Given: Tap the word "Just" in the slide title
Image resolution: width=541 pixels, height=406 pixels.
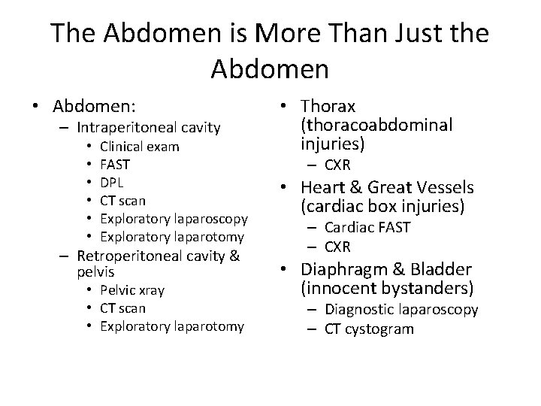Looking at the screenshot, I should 420,34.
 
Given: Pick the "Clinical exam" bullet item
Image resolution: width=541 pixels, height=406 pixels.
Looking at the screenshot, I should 139,147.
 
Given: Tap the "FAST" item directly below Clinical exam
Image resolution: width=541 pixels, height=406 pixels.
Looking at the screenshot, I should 114,165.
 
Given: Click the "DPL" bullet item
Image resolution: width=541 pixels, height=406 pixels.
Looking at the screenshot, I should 112,183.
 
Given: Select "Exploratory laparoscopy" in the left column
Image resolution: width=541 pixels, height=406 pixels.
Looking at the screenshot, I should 174,219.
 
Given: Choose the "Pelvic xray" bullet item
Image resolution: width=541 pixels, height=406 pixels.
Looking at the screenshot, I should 132,290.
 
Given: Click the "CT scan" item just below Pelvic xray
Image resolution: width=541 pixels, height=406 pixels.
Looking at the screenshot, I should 122,308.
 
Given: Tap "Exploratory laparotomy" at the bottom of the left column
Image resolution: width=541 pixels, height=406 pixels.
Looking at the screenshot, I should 172,326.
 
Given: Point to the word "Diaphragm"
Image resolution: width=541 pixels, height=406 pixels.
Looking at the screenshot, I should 341,269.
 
